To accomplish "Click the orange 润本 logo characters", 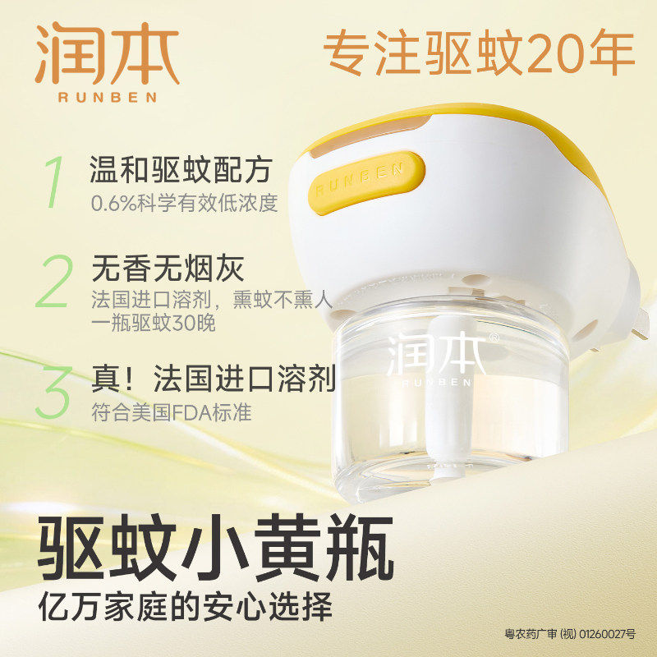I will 107,53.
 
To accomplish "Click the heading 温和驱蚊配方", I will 180,170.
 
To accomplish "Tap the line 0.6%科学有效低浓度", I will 184,202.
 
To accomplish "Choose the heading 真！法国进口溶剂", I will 214,379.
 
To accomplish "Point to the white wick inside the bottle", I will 427,427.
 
